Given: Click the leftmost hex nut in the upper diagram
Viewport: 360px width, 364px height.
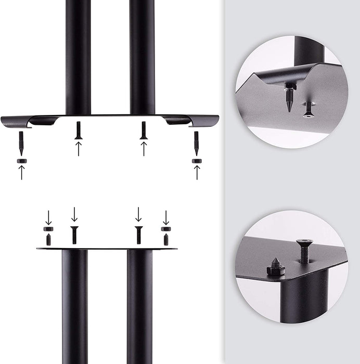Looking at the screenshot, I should (21, 161).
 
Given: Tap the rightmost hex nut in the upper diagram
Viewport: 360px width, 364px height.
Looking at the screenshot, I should (197, 161).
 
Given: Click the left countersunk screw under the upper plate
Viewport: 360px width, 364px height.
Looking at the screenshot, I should (79, 130).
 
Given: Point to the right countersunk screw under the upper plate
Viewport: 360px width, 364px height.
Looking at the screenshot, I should (144, 130).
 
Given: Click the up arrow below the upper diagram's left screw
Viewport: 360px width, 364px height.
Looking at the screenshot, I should (79, 148).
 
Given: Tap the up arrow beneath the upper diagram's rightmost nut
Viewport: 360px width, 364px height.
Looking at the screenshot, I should (197, 172).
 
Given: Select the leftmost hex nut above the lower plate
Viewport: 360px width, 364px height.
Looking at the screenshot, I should (48, 229).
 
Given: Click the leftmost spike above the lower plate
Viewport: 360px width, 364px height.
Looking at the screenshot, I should (48, 240).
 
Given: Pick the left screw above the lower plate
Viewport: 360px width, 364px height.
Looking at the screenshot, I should (74, 235).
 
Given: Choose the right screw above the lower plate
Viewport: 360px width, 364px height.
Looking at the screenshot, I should (138, 235).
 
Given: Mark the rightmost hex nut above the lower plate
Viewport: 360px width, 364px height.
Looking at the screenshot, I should (166, 229).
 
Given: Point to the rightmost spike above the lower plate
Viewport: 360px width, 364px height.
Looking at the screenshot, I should (166, 240).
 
